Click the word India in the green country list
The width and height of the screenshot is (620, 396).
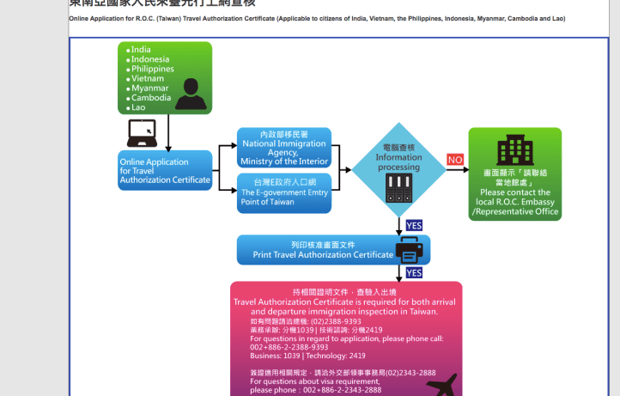pos(141,50)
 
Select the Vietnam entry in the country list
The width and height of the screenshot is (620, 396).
pos(148,78)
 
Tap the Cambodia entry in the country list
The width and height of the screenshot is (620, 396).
pos(151,98)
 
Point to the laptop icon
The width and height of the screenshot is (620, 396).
pos(143,132)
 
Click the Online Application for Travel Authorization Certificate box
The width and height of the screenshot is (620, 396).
pos(165,171)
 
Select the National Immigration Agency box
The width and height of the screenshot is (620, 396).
pos(284,147)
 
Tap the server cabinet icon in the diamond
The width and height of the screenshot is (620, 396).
pos(399,187)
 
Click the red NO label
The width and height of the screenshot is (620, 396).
pos(455,160)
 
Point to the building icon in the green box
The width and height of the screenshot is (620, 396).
pos(515,150)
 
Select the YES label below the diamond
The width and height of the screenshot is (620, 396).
pos(414,226)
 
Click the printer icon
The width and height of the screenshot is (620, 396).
pos(409,251)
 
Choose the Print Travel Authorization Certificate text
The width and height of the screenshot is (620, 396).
pos(323,255)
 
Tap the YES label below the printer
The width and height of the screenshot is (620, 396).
pos(414,272)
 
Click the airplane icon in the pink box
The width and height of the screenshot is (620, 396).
pos(441,383)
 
